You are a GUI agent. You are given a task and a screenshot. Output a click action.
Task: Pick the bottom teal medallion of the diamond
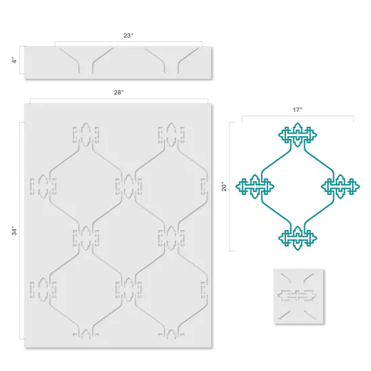click(x=296, y=237)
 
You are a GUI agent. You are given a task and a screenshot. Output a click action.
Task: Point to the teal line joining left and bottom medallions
click(x=275, y=212)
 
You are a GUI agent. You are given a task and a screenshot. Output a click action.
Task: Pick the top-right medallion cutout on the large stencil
click(x=171, y=134)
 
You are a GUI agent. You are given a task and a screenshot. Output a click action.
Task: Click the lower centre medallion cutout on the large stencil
click(x=128, y=289)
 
